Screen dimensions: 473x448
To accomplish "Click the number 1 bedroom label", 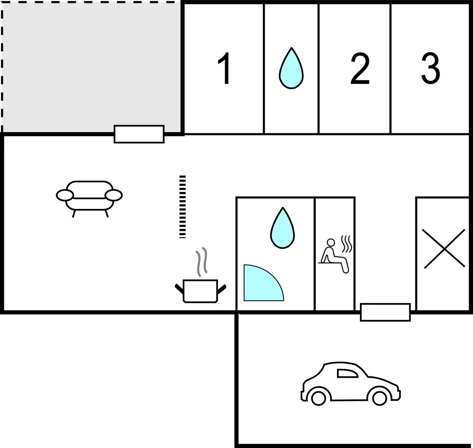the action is coord(224,68).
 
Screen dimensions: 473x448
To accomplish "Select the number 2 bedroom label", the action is coord(360,68).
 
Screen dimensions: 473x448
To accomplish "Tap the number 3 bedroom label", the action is coord(431,68).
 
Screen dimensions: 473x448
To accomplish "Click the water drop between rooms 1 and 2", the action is coord(291,68).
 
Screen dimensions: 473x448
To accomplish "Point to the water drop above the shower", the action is coord(282,228).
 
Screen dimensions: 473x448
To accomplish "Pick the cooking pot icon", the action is coord(200,291).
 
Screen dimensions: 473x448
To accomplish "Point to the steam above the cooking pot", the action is coord(201,262).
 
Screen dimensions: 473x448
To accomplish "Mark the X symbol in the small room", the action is coord(444,249).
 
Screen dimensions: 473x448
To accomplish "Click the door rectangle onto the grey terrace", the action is coord(139,134).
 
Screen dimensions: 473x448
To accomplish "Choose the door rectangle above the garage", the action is coord(385,312).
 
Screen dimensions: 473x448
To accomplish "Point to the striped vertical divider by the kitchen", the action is coord(183,207).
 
